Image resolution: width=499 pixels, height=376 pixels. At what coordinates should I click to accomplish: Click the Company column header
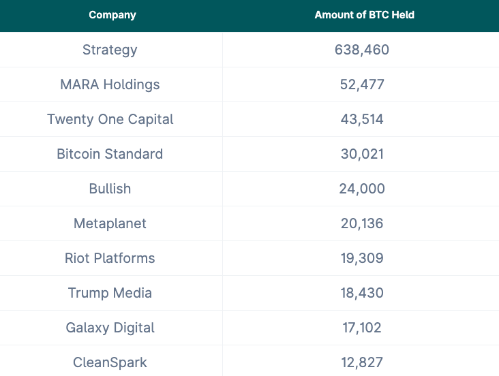point(112,15)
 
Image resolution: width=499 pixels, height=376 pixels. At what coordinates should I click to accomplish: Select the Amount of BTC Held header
point(364,15)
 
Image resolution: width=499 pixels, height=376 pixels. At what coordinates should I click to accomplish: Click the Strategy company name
point(110,50)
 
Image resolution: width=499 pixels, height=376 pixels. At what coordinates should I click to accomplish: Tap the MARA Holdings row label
point(110,84)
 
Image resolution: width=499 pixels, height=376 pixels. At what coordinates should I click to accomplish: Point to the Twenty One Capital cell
point(110,119)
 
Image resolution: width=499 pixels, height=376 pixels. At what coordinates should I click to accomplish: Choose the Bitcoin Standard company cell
point(110,154)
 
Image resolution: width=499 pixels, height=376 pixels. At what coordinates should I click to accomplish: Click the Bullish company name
point(110,189)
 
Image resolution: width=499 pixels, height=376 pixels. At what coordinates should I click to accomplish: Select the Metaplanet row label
point(110,223)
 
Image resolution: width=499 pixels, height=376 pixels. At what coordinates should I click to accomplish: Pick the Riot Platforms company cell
point(110,258)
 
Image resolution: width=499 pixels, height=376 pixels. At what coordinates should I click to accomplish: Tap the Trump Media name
point(110,293)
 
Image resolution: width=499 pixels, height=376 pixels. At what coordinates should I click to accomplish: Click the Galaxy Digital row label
point(110,328)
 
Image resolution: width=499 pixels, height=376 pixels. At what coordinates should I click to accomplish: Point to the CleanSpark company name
point(110,362)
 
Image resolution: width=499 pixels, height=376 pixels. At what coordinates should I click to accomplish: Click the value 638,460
point(362,50)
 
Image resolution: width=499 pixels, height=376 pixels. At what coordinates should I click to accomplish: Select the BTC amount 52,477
point(362,84)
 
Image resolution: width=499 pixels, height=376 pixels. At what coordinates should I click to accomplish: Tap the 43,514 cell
point(362,119)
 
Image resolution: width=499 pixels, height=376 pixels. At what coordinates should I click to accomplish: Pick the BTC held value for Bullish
point(362,189)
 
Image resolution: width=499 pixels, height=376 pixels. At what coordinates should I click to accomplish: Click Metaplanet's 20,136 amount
point(362,223)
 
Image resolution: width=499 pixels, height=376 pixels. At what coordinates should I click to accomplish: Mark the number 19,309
point(362,258)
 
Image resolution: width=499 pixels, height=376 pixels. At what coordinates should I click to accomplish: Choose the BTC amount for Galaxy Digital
point(362,328)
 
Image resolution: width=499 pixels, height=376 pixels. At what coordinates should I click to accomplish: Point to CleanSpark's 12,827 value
point(362,362)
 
